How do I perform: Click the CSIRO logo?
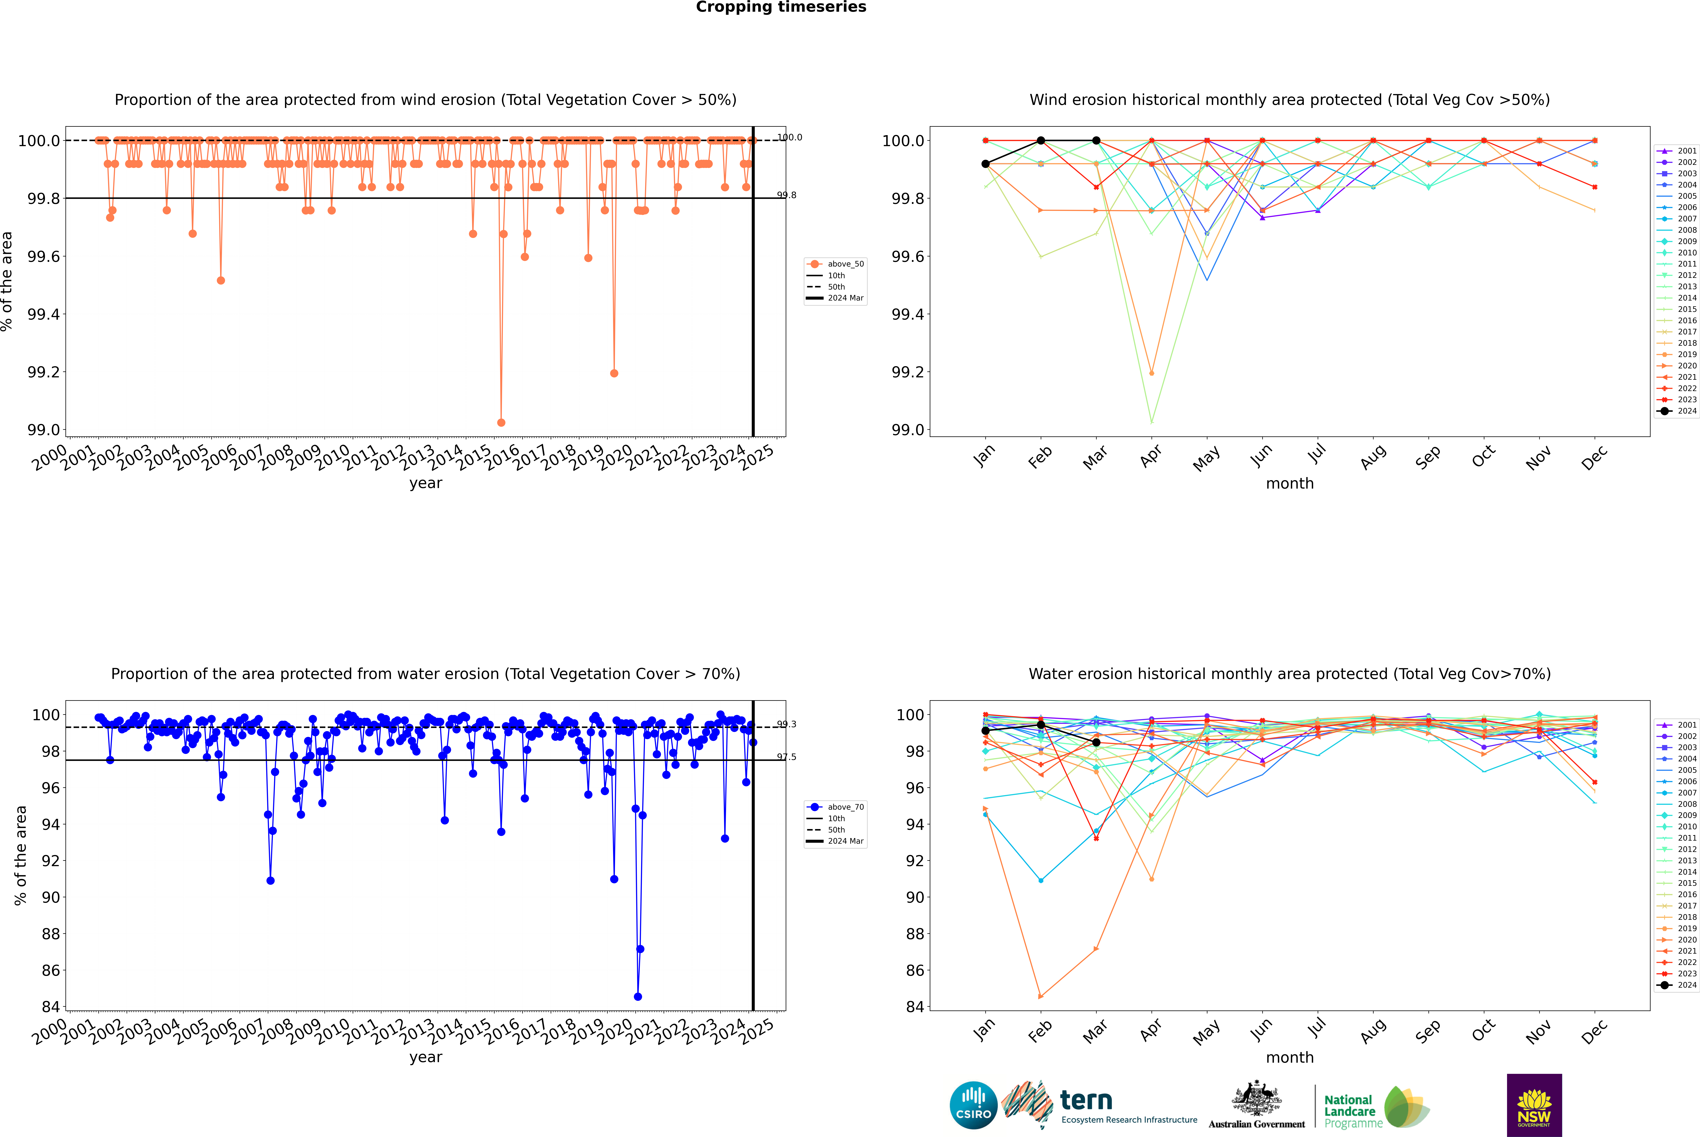973,1105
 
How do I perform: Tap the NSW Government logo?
1534,1105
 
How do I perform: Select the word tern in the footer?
1085,1100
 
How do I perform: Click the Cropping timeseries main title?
780,7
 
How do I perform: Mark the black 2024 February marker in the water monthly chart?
1041,724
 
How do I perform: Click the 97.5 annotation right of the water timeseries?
786,757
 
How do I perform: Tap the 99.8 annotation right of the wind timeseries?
786,195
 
